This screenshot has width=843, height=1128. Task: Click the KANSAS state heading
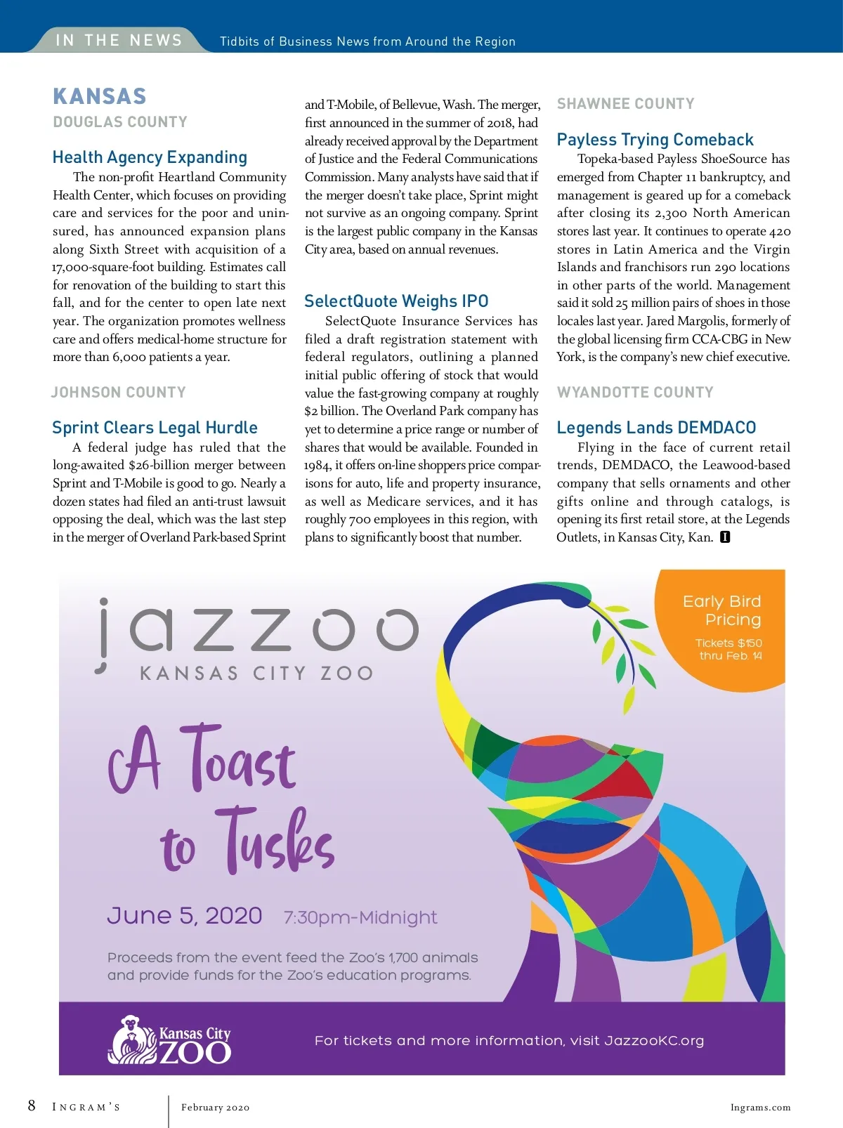pyautogui.click(x=100, y=96)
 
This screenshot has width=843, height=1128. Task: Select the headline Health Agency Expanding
pyautogui.click(x=150, y=157)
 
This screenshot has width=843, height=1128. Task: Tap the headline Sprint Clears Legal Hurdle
pyautogui.click(x=155, y=428)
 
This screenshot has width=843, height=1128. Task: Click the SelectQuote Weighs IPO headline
pyautogui.click(x=396, y=301)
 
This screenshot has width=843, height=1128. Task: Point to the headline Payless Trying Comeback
pyautogui.click(x=655, y=140)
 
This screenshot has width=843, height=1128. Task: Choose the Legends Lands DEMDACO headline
pyautogui.click(x=656, y=428)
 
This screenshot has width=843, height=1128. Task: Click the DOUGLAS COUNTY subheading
pyautogui.click(x=120, y=122)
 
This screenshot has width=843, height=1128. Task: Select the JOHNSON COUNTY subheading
pyautogui.click(x=119, y=393)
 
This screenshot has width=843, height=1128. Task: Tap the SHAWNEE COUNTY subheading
pyautogui.click(x=625, y=104)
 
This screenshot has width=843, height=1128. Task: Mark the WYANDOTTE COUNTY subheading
pyautogui.click(x=635, y=393)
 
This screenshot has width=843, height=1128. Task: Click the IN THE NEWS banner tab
pyautogui.click(x=119, y=40)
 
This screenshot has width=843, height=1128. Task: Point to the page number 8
pyautogui.click(x=32, y=1106)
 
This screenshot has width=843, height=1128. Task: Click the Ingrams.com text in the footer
pyautogui.click(x=760, y=1108)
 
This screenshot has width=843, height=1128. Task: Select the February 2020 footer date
pyautogui.click(x=215, y=1108)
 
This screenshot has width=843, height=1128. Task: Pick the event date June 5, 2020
pyautogui.click(x=185, y=916)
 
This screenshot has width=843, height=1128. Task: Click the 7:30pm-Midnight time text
pyautogui.click(x=360, y=917)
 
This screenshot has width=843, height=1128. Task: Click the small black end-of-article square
pyautogui.click(x=725, y=537)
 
